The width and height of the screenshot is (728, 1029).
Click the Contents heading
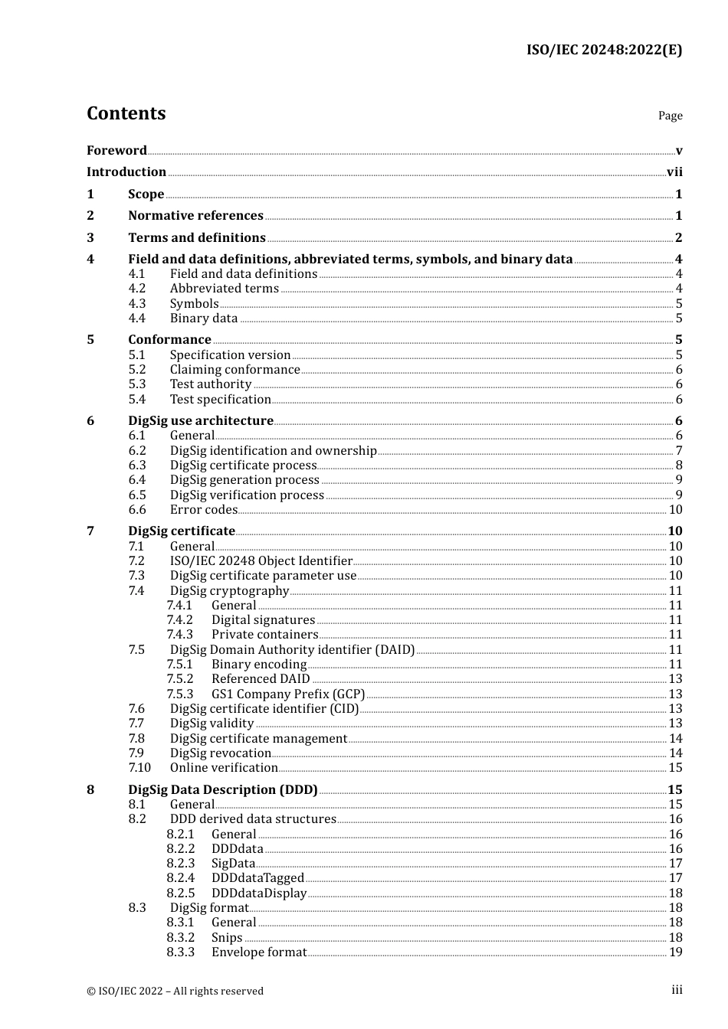pyautogui.click(x=126, y=113)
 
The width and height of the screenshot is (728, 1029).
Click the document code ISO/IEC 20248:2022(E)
pyautogui.click(x=604, y=50)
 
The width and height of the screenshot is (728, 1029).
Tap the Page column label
pyautogui.click(x=670, y=116)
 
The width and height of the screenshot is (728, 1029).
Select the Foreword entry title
pyautogui.click(x=116, y=150)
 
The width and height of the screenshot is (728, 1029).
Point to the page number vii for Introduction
pyautogui.click(x=674, y=172)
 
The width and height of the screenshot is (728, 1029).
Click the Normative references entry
pyautogui.click(x=195, y=216)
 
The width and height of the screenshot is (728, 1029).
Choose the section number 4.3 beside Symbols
pyautogui.click(x=137, y=304)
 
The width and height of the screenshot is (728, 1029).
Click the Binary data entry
pyautogui.click(x=204, y=318)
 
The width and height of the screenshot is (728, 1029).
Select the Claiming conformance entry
pyautogui.click(x=234, y=370)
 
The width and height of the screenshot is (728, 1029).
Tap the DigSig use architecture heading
pyautogui.click(x=201, y=421)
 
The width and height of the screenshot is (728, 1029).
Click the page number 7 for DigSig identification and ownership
pyautogui.click(x=678, y=451)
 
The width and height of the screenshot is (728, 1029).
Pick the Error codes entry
pyautogui.click(x=204, y=510)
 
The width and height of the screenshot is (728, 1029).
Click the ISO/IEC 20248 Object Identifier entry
pyautogui.click(x=261, y=561)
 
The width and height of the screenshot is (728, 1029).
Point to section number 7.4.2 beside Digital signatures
pyautogui.click(x=180, y=620)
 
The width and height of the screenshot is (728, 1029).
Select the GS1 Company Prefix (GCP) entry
pyautogui.click(x=288, y=694)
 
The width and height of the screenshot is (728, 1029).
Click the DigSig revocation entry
pyautogui.click(x=221, y=753)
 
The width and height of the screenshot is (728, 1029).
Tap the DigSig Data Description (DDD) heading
pyautogui.click(x=223, y=789)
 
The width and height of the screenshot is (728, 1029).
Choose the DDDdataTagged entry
pyautogui.click(x=257, y=878)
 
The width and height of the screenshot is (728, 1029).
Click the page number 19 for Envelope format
pyautogui.click(x=675, y=952)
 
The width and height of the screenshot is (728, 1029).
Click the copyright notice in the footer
pyautogui.click(x=175, y=991)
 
